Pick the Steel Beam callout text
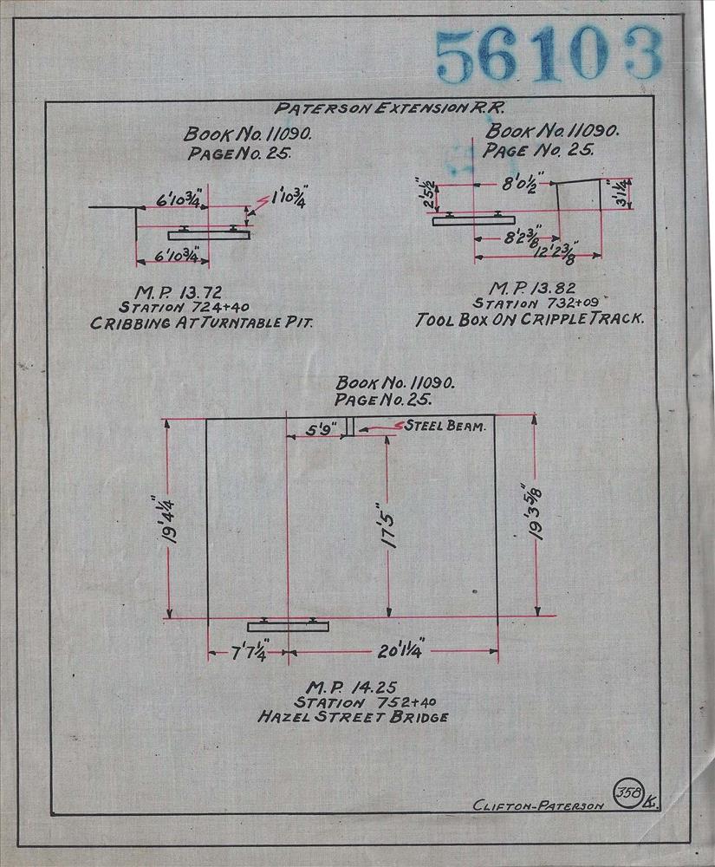445,426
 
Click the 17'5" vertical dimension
388,525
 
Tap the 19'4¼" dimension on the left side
167,519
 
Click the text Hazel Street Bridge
353,717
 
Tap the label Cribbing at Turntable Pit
202,323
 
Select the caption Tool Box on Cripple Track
530,319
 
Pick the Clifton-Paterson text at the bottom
539,805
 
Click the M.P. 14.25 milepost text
351,688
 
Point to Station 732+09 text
536,303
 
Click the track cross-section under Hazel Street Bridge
288,625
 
